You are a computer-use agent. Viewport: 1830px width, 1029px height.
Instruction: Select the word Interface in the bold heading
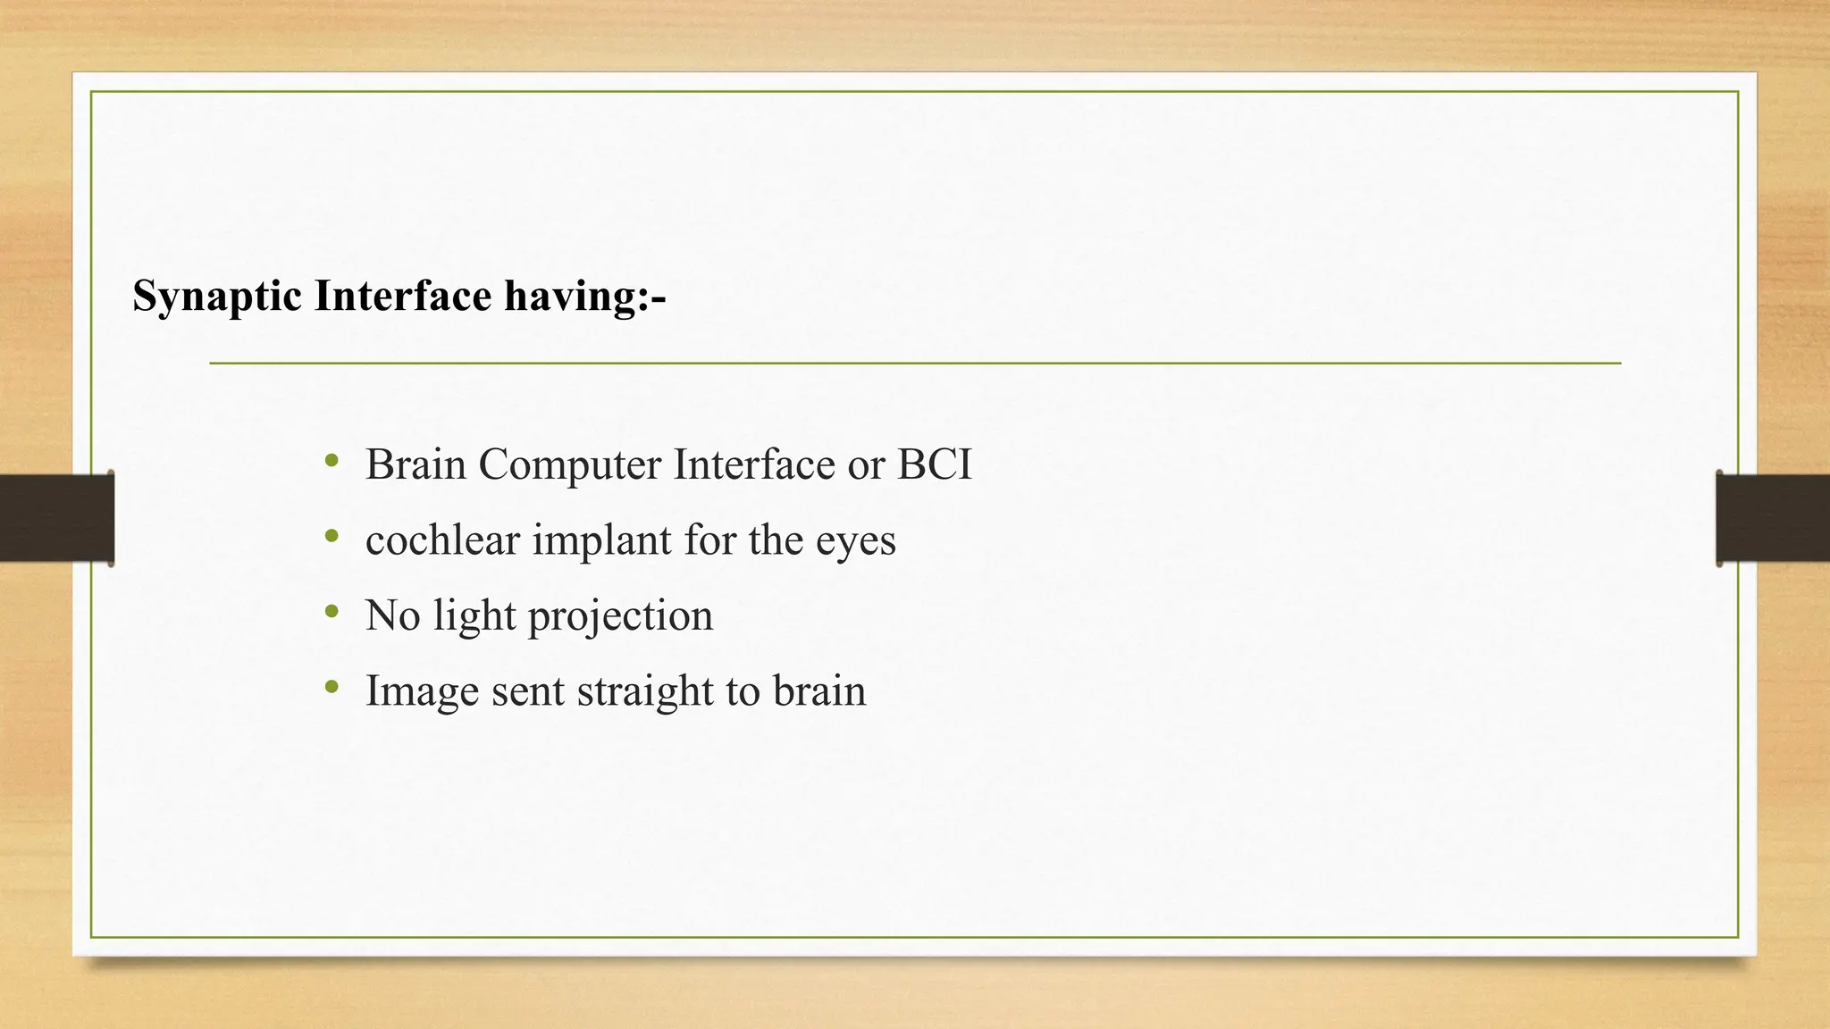pos(402,296)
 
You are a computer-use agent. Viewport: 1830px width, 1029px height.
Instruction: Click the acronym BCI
pos(934,464)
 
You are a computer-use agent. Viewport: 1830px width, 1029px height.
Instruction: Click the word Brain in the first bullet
pos(416,464)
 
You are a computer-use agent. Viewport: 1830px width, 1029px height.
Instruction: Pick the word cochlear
pos(442,540)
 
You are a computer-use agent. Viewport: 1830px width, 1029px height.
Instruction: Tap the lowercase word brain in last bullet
pos(818,690)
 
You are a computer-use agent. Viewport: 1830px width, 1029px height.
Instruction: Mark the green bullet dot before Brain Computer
pos(332,462)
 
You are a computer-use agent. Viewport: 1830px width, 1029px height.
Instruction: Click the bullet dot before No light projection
pos(332,613)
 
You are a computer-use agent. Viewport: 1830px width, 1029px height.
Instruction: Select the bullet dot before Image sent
pos(332,688)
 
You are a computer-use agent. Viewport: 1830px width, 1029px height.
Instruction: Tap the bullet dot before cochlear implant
pos(332,537)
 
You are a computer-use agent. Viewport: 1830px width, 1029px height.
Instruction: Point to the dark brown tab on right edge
pos(1773,518)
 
